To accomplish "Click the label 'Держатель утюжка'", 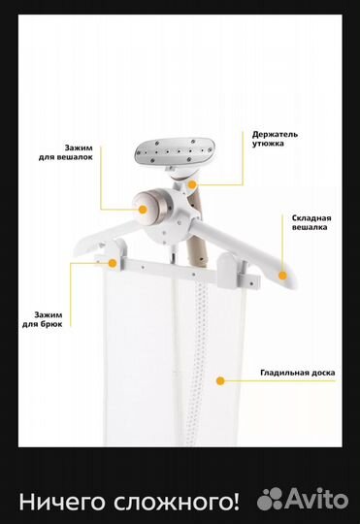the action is pos(275,139).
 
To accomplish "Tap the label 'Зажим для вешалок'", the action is pos(66,152).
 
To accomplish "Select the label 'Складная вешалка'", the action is pos(311,222).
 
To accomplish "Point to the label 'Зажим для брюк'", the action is pos(43,319).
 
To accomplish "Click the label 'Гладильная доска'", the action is pos(298,373).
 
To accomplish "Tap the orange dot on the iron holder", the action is pos(192,184).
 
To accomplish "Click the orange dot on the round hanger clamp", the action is pos(143,210).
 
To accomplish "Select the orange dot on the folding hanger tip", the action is pos(282,276).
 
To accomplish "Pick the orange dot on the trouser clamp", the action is pos(113,263).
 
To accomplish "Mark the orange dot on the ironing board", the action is pos(220,380).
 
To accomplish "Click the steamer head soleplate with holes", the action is pos(175,151).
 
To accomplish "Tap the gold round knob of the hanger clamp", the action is pos(149,206).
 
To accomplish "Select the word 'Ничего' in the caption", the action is pos(63,502).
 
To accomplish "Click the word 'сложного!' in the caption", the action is pos(177,502).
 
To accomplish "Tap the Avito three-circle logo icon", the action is pos(270,498).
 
